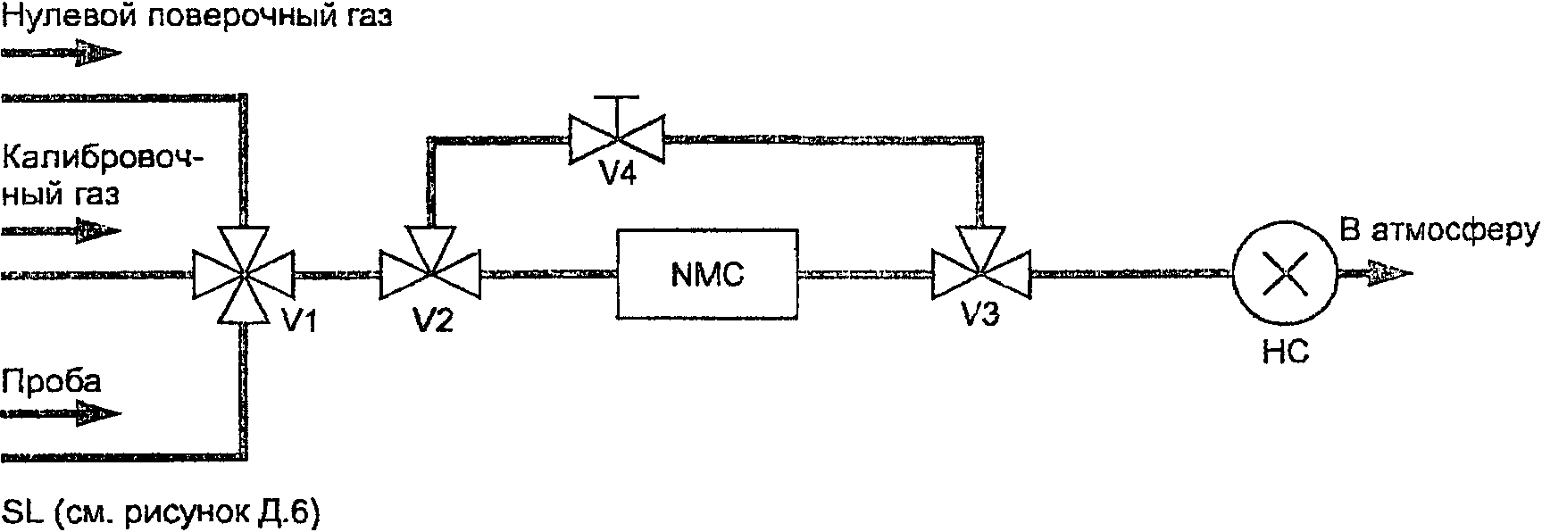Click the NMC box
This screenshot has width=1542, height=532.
[x=706, y=273]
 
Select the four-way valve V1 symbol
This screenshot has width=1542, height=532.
[x=243, y=274]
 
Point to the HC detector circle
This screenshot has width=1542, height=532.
[x=1284, y=275]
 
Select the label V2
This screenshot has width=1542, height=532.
[x=432, y=320]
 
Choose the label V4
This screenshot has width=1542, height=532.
[x=617, y=175]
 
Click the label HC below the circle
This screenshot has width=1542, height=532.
[x=1286, y=353]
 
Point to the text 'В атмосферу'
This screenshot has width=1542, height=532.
[x=1439, y=231]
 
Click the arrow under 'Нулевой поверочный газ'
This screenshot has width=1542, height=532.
[x=60, y=55]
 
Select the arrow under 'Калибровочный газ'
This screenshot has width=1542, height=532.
[x=60, y=232]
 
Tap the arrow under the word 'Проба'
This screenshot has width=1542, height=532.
[x=60, y=413]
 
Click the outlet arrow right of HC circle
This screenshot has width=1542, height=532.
[x=1375, y=274]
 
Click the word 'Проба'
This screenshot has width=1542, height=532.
[x=51, y=381]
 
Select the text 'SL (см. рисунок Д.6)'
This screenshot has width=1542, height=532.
[x=162, y=513]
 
